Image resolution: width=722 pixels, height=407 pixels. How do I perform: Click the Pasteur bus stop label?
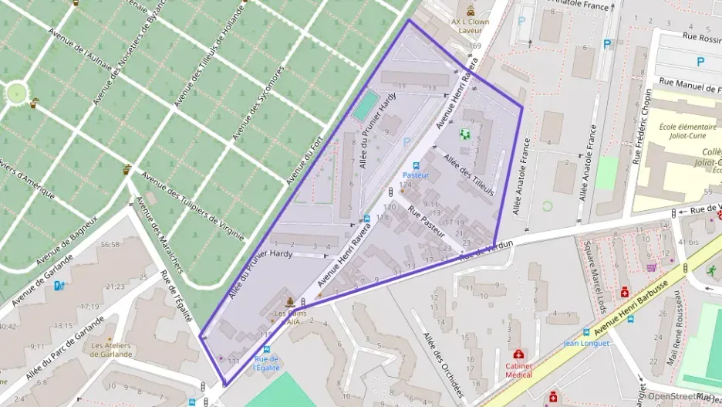point(415,175)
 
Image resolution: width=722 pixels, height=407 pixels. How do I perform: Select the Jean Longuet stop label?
point(586,343)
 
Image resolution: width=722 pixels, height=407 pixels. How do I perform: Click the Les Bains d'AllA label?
point(288,317)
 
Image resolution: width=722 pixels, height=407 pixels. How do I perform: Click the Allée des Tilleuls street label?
point(467,175)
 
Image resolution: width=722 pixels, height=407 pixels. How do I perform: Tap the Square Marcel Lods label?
point(594,271)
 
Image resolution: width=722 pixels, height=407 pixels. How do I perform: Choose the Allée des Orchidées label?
point(443,362)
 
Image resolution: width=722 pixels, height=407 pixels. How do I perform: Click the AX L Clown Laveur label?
point(470,26)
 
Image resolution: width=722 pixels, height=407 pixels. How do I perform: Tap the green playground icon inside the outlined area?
point(465,134)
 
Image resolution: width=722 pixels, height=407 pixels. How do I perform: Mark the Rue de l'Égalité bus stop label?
point(266,363)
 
